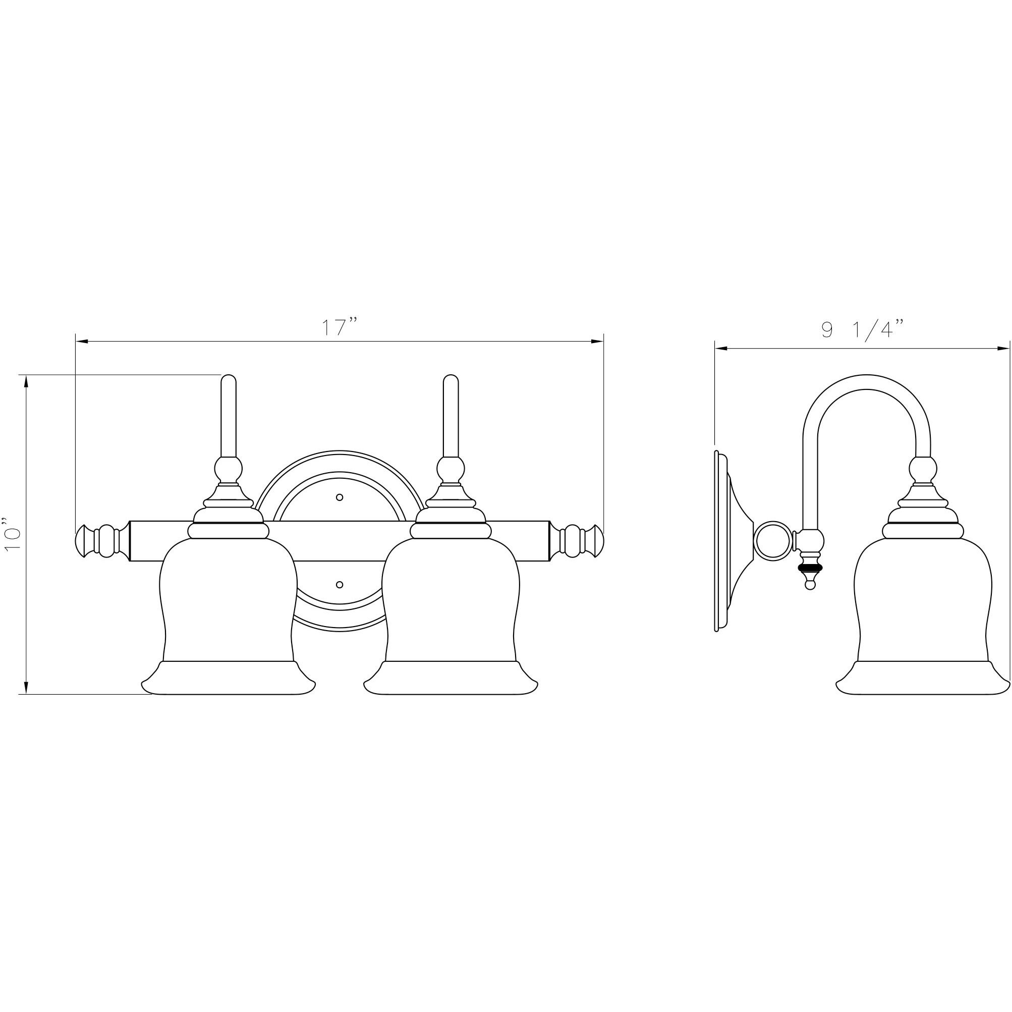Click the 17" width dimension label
(x=339, y=327)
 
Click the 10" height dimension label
(x=13, y=534)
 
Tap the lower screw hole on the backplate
(x=340, y=584)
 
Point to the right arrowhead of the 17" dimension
(x=598, y=342)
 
